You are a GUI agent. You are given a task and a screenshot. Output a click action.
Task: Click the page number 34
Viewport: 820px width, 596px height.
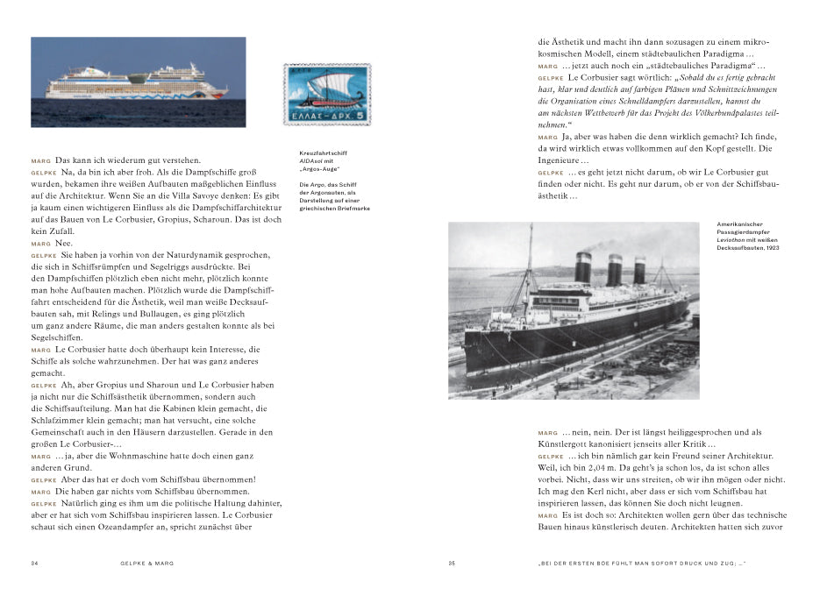click(35, 563)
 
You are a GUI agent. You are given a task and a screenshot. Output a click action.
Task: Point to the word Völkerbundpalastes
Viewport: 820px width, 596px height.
click(711, 113)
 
